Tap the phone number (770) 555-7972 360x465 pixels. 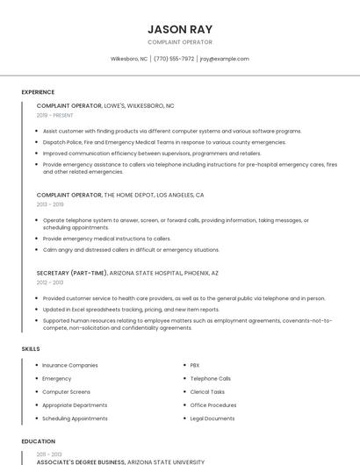tap(174, 59)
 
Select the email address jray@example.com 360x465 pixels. tap(225, 59)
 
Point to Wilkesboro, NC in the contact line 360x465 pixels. tap(129, 59)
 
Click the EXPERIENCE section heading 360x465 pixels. tap(38, 92)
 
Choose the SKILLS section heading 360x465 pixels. tap(31, 348)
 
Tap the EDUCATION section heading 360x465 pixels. tap(39, 441)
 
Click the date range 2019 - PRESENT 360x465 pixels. tap(55, 115)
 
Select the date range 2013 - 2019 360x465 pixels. tap(50, 204)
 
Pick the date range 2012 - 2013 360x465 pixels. tap(50, 283)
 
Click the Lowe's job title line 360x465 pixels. tap(105, 105)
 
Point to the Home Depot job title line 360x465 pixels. tap(120, 195)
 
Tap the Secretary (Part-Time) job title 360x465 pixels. tap(127, 273)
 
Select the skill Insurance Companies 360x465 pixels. tap(70, 365)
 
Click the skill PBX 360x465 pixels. tap(195, 365)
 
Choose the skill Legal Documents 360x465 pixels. tap(212, 418)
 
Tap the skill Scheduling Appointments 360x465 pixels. tap(75, 418)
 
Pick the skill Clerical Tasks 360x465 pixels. tap(207, 392)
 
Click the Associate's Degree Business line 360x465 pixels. tap(120, 461)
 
